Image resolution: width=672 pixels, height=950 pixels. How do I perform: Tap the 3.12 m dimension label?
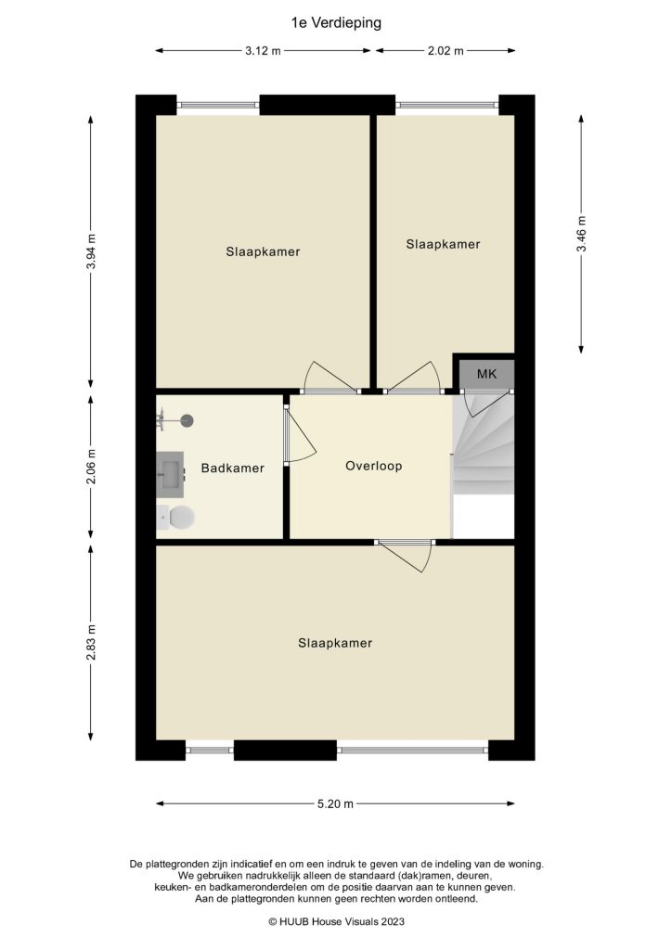point(264,51)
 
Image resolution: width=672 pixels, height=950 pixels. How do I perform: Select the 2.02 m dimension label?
point(446,51)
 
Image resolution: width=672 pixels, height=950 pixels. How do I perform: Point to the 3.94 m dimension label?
point(91,250)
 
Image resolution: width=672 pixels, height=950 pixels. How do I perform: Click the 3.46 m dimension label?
point(582,234)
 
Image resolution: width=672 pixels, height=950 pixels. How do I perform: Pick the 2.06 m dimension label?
point(91,468)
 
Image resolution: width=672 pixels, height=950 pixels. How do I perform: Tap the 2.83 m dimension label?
point(91,640)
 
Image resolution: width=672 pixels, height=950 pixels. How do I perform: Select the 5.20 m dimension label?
point(335,804)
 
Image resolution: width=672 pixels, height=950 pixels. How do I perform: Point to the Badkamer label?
point(232,469)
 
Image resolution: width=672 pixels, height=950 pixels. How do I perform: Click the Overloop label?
point(373,466)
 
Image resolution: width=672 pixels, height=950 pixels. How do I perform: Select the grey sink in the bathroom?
point(170,474)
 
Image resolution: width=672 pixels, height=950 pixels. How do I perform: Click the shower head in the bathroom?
point(187,420)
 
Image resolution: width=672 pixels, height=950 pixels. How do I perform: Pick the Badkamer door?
point(297,437)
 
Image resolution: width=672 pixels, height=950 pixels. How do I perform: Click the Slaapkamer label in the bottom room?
point(335,643)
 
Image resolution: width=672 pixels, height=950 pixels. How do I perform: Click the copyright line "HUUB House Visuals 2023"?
point(336,921)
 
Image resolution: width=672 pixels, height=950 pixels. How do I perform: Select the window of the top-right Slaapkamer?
point(446,105)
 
